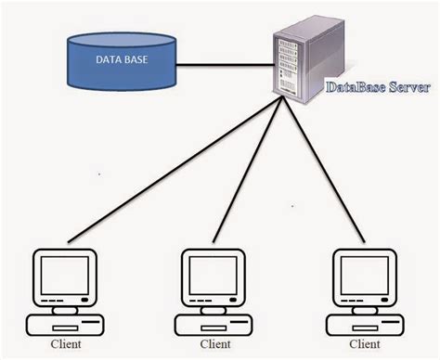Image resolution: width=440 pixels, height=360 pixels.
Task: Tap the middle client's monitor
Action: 208,276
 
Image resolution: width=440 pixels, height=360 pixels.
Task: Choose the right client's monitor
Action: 361,276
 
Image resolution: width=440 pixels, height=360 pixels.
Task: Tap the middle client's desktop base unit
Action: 209,324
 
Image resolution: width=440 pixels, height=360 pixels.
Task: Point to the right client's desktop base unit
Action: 362,324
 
